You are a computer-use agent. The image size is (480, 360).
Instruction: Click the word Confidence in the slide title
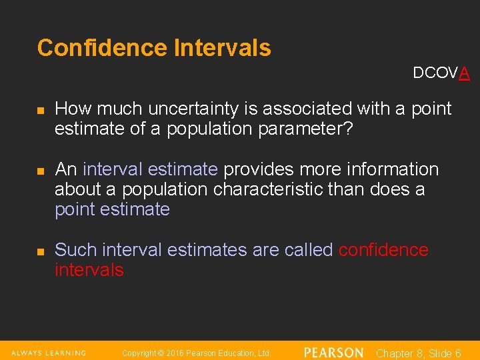click(x=102, y=48)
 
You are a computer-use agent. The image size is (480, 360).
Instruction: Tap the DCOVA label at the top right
click(x=441, y=73)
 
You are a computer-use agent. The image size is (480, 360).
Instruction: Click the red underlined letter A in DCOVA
click(x=464, y=73)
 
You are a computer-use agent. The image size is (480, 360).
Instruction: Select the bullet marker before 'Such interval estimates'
click(x=41, y=251)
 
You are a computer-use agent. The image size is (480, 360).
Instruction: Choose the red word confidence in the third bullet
click(x=383, y=250)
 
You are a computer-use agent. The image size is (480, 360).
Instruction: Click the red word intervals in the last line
click(x=89, y=270)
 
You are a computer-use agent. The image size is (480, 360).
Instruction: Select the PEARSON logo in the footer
click(x=333, y=353)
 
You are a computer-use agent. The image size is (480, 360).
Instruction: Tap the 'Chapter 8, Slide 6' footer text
click(x=419, y=353)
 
